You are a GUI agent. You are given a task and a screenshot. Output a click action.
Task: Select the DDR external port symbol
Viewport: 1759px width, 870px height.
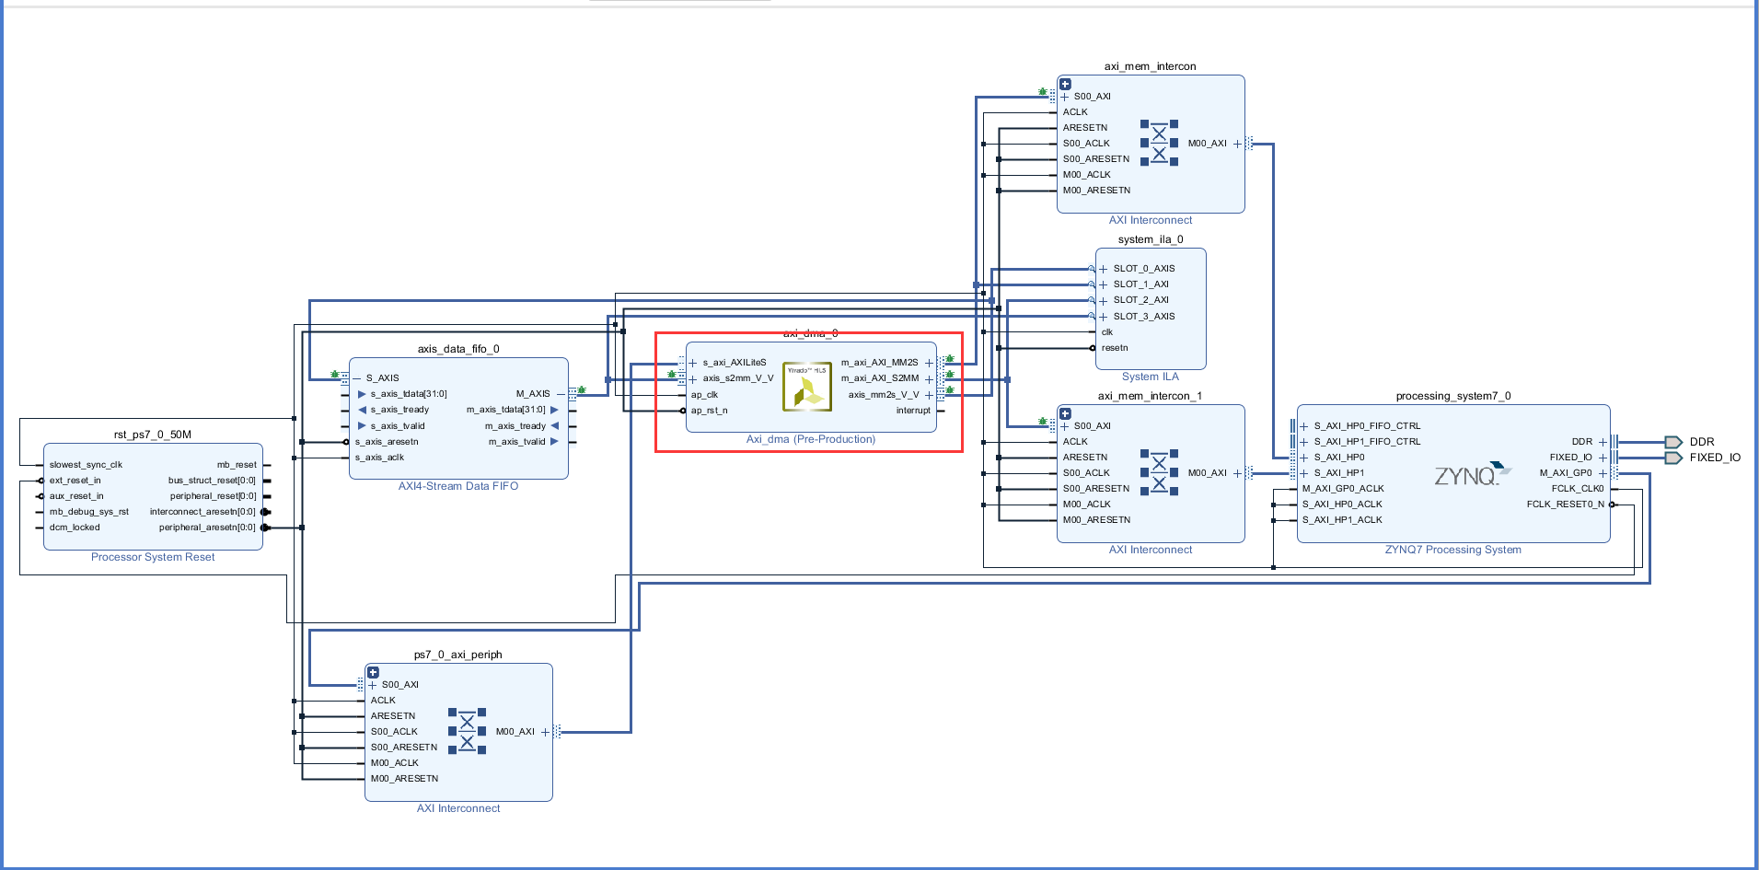point(1673,442)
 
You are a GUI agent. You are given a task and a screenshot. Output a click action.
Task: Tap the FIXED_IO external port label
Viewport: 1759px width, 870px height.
point(1715,458)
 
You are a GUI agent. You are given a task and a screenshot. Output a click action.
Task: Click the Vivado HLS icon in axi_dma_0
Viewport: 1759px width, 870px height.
point(807,387)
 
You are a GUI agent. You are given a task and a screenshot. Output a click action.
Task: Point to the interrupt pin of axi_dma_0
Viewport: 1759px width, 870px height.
point(913,411)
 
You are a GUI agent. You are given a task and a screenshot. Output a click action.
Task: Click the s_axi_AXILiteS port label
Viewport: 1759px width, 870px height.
point(735,363)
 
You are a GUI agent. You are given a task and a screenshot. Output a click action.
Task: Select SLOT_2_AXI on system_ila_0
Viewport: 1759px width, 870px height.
point(1140,300)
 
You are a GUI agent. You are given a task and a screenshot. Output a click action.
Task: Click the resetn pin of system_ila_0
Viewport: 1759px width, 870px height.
point(1115,348)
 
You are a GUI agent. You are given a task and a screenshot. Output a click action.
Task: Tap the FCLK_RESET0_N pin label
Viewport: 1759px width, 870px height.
point(1565,505)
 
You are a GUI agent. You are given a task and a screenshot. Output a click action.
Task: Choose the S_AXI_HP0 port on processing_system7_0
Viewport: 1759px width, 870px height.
point(1339,458)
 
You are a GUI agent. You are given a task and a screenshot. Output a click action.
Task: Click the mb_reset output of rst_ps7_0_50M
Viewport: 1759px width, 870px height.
point(237,465)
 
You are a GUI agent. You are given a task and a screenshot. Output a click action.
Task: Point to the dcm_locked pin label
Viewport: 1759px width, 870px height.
point(75,528)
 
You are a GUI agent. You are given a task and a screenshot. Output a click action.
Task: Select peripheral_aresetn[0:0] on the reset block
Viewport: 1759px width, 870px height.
point(207,528)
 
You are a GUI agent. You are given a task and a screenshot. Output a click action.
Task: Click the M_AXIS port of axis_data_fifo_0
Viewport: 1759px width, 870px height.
point(533,394)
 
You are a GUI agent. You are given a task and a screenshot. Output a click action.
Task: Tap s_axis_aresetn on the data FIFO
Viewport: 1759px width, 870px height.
point(387,442)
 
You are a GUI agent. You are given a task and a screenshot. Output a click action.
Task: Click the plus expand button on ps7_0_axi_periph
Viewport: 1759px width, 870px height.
point(373,673)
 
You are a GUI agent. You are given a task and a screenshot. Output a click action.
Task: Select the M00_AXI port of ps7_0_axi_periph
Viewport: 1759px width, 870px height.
point(515,732)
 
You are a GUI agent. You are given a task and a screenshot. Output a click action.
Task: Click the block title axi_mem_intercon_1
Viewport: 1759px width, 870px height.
point(1150,396)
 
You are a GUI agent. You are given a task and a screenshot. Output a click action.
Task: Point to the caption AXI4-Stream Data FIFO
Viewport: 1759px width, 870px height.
point(458,486)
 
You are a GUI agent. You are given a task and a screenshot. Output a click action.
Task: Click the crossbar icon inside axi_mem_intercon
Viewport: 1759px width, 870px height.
point(1159,143)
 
